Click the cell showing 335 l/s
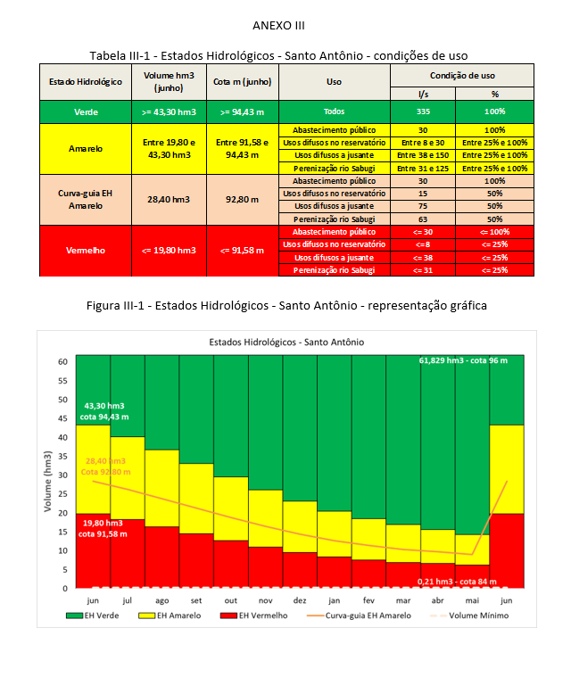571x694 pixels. point(423,112)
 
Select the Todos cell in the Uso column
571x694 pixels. point(335,112)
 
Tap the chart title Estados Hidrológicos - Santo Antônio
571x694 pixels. point(286,342)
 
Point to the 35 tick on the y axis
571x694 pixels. point(62,457)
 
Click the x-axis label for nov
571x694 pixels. point(266,601)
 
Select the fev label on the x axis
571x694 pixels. point(369,601)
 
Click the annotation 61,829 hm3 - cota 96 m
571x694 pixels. point(462,360)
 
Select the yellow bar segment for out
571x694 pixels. point(231,508)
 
